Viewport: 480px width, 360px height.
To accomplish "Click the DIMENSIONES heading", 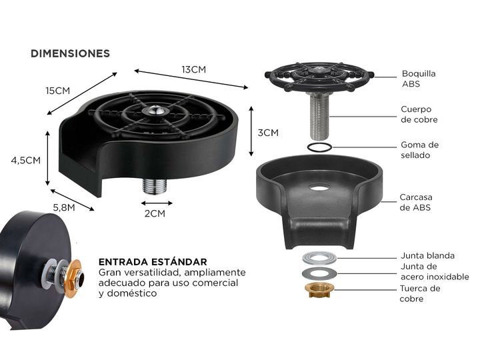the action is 70,53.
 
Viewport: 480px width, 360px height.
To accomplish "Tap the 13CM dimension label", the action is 194,69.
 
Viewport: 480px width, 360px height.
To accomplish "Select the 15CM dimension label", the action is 58,91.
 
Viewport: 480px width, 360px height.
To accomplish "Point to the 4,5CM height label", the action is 26,160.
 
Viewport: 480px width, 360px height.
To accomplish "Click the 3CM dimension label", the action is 268,133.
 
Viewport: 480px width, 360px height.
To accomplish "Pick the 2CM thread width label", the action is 155,213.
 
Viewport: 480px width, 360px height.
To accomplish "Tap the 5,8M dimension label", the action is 64,207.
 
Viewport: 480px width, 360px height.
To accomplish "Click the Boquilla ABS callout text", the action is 419,79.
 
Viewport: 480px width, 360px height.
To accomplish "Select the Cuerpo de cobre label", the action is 419,115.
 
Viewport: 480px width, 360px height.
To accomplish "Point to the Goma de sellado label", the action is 420,150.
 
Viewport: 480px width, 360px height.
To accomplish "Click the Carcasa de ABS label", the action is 416,203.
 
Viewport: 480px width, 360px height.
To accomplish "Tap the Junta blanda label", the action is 427,255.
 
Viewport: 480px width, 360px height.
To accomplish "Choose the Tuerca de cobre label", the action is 420,293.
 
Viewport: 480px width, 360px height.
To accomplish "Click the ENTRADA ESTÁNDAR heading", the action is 153,262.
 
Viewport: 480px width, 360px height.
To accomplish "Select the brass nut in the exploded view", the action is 319,290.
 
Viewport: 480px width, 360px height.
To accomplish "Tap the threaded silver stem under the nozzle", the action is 319,115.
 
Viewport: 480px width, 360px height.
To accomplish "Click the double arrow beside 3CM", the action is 251,131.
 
